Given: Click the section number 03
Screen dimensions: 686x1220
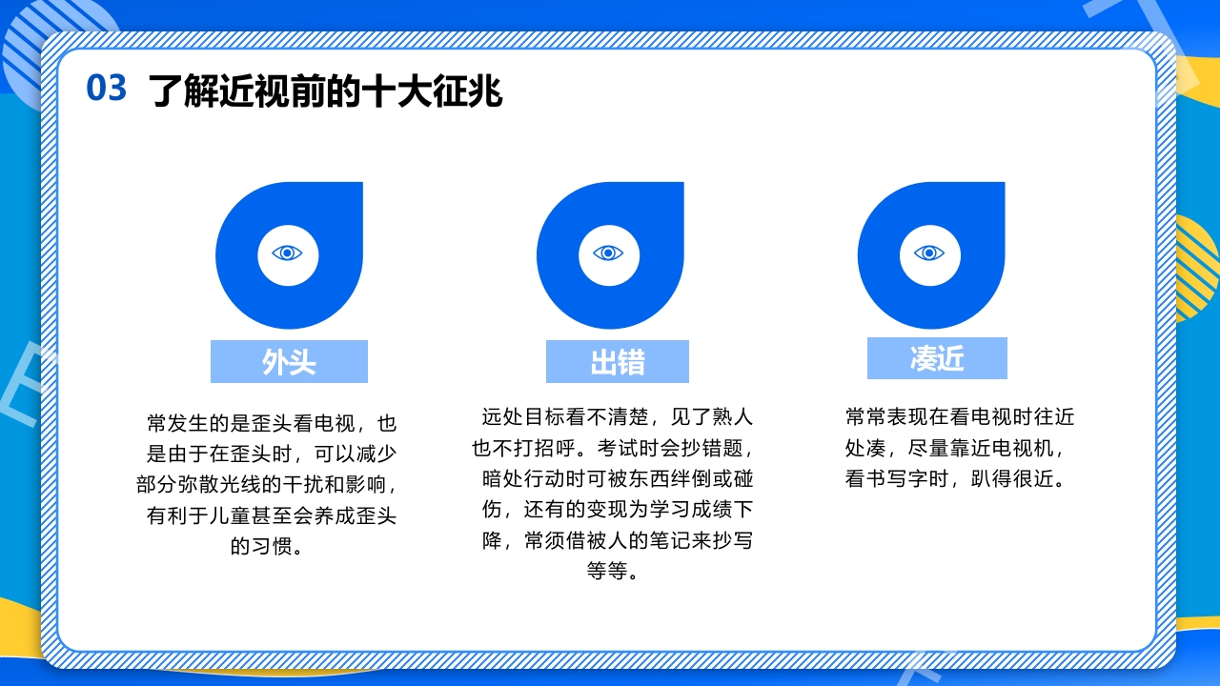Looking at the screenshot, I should [106, 89].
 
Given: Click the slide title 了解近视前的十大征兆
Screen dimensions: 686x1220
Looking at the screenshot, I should [326, 92].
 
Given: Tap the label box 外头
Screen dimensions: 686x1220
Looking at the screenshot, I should [289, 362].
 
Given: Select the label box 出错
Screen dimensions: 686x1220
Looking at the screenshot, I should [617, 362].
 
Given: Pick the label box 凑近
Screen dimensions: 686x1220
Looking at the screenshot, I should [937, 358].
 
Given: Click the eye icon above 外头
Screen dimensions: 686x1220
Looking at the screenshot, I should [287, 253].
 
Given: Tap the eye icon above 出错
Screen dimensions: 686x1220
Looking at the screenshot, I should [608, 253].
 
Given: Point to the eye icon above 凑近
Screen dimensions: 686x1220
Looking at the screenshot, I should [929, 253].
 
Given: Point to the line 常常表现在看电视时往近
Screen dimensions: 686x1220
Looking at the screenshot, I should [960, 416].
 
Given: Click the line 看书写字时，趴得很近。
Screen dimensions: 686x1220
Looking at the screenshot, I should [954, 478].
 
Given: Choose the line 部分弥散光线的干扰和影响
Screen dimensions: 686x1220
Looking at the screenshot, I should [267, 485].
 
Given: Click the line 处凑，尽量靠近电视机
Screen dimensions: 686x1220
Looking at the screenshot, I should [954, 448].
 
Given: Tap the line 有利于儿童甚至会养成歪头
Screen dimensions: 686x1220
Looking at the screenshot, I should [271, 516].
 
